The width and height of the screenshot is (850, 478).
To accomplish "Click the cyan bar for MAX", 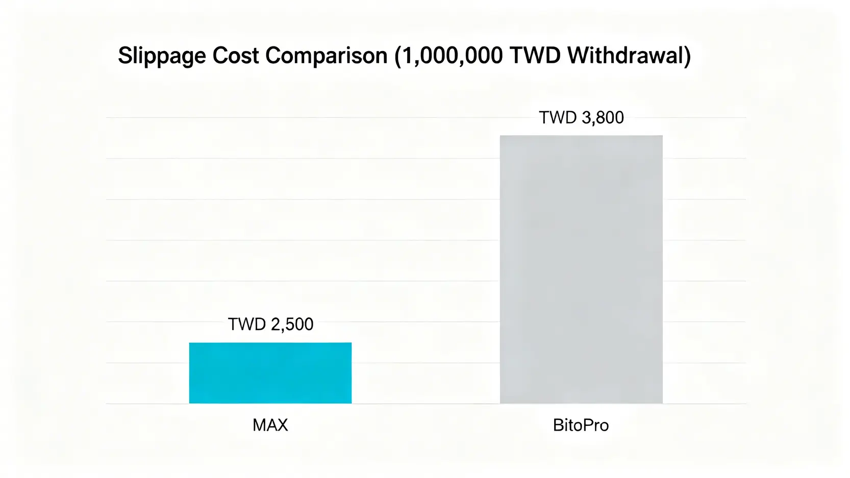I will coord(270,373).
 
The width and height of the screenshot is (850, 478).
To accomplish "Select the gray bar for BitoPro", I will coord(581,269).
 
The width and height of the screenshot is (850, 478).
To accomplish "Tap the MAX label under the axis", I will coord(270,425).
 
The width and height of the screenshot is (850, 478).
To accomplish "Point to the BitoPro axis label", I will coord(581,425).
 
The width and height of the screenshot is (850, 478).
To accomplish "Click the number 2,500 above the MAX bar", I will coord(292,324).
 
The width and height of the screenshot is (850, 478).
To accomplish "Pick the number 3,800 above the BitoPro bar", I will coord(603,118).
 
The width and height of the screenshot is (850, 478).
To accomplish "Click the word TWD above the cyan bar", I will coord(247,324).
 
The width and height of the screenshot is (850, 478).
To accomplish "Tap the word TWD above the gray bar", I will coord(558,118).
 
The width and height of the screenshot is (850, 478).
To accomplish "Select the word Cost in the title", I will coord(236,55).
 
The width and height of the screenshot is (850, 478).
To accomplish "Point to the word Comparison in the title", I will coord(327,55).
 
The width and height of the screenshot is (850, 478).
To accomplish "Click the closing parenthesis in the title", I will coord(687,55).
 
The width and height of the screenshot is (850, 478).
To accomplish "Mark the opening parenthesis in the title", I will coord(398,55).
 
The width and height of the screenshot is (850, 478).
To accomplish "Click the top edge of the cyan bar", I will coord(270,343).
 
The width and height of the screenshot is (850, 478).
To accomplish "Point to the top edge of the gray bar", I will coord(581,136).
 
